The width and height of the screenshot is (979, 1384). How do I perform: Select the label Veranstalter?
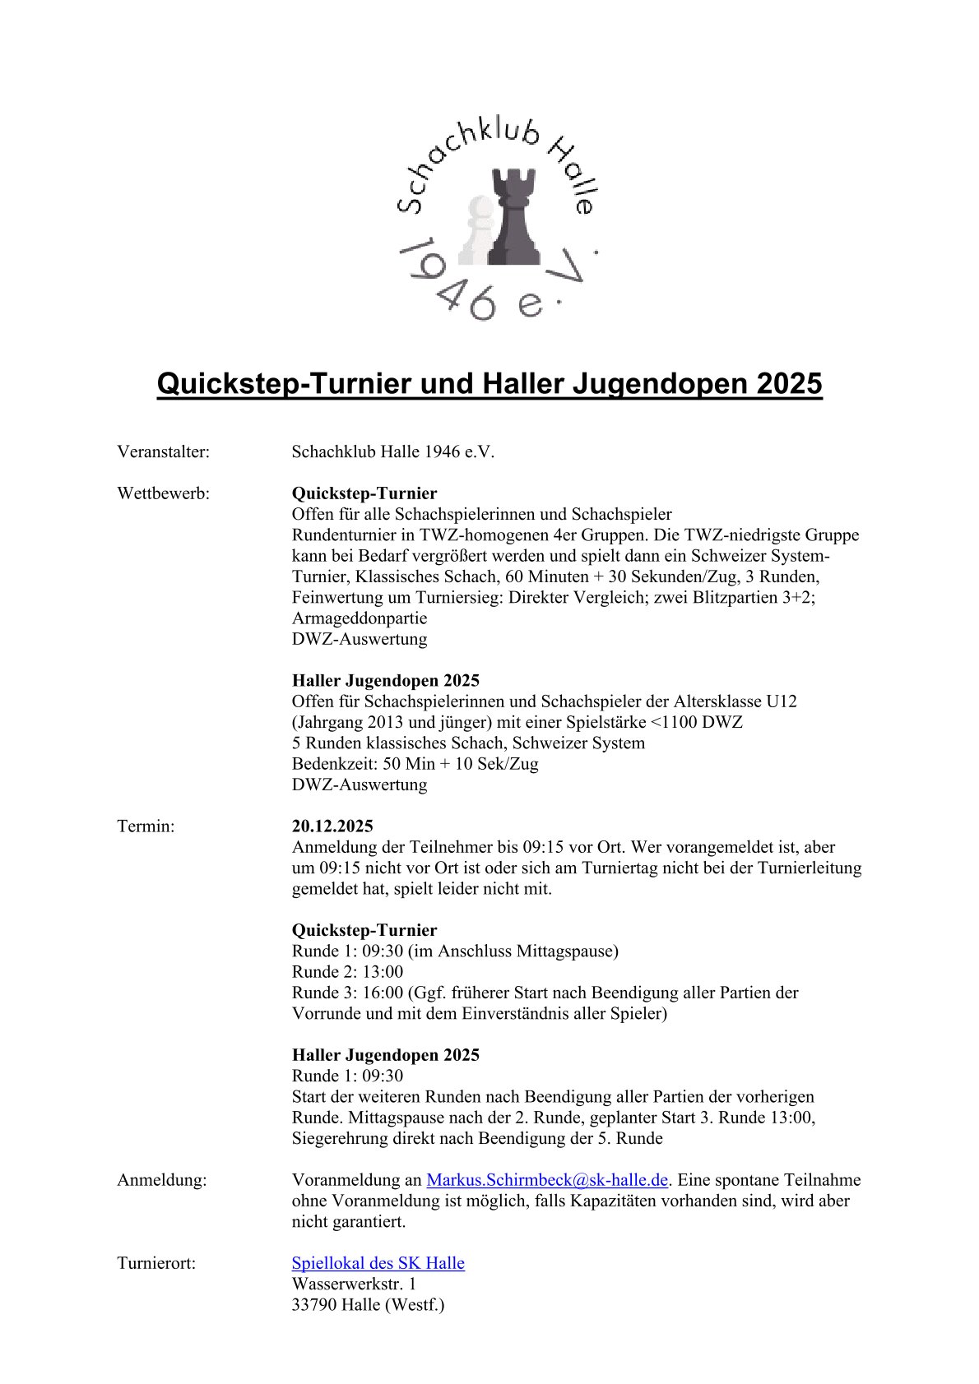164,451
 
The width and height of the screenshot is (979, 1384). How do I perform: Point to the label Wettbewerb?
164,493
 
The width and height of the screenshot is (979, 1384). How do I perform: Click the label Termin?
146,826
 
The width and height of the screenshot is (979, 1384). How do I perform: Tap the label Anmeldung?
162,1179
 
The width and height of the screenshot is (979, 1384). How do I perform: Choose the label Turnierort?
157,1262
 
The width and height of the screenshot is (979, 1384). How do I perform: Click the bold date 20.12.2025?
332,826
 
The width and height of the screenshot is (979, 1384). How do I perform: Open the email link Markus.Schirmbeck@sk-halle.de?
546,1179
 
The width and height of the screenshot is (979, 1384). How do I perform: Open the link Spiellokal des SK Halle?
378,1262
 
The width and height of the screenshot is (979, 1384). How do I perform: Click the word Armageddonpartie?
360,618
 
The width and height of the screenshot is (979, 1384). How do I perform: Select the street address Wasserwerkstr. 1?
354,1283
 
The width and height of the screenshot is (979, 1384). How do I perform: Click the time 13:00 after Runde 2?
383,971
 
